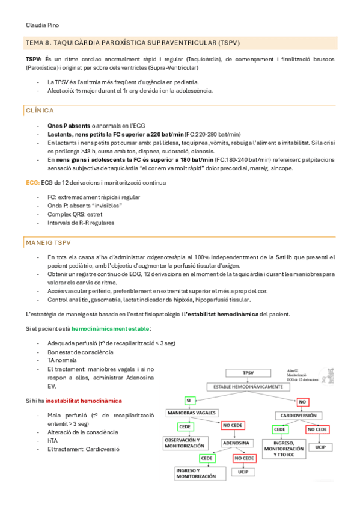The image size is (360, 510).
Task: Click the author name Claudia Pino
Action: [42, 25]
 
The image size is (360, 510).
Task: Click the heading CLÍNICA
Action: [40, 111]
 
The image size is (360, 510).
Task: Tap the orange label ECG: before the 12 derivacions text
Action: [32, 182]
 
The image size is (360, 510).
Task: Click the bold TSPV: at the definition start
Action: [34, 60]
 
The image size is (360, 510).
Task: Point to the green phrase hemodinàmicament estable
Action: [111, 329]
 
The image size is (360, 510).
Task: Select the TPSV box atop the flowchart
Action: [246, 373]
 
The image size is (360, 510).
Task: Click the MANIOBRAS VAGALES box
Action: [191, 414]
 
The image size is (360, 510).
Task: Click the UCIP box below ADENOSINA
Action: [243, 472]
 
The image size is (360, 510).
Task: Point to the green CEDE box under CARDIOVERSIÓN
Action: [279, 429]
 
